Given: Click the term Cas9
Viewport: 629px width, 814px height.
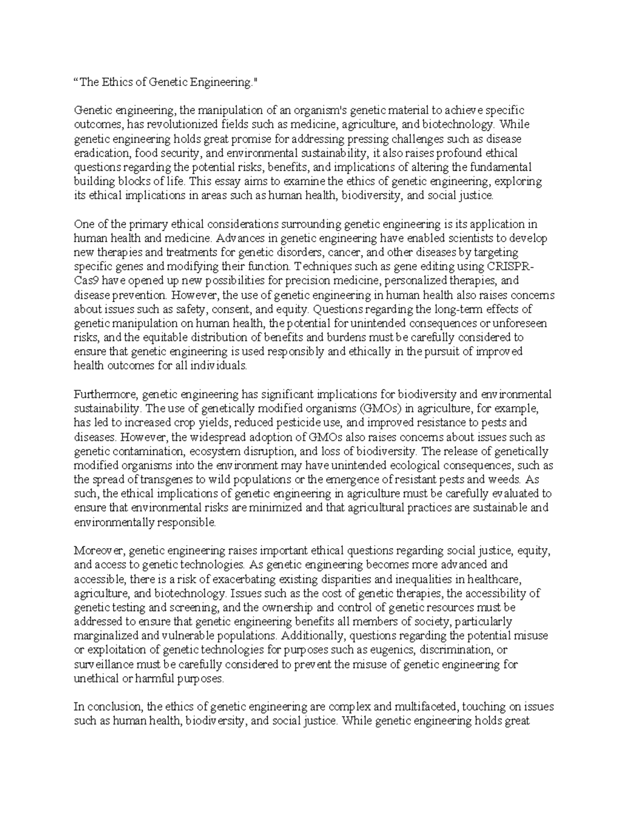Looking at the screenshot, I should [x=85, y=281].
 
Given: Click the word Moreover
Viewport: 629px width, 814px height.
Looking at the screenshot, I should [x=99, y=550].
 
